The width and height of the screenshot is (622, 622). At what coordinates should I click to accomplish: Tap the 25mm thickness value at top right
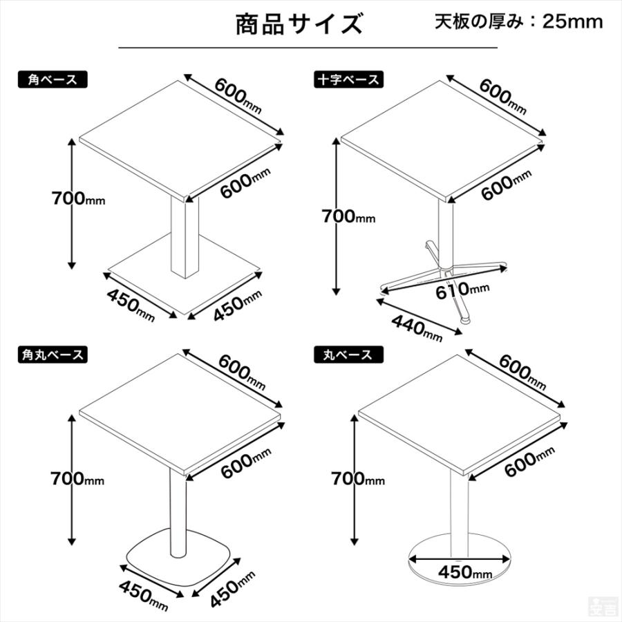click(572, 21)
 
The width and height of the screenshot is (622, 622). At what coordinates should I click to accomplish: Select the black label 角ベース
click(53, 79)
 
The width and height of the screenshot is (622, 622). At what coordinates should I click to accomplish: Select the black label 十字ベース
click(347, 79)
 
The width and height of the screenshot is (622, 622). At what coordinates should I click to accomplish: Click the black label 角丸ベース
click(53, 355)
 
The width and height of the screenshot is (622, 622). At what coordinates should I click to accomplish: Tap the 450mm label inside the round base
click(464, 572)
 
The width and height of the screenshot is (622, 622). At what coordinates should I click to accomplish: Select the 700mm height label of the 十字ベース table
click(348, 217)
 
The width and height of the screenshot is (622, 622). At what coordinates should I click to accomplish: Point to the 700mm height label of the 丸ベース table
click(357, 478)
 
